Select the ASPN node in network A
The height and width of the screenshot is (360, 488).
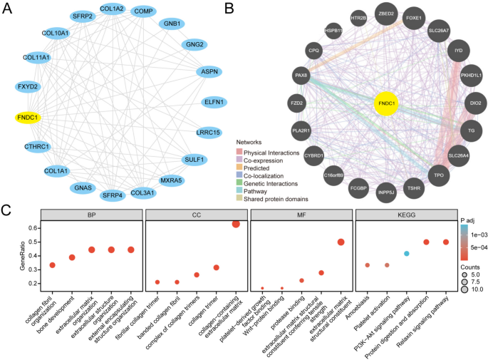tap(209, 71)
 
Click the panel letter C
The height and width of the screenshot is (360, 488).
tap(6, 211)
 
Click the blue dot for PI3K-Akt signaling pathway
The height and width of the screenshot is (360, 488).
tap(406, 254)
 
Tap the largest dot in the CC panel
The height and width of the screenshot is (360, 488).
tap(236, 225)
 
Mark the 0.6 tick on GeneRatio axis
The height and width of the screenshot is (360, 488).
tap(32, 227)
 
